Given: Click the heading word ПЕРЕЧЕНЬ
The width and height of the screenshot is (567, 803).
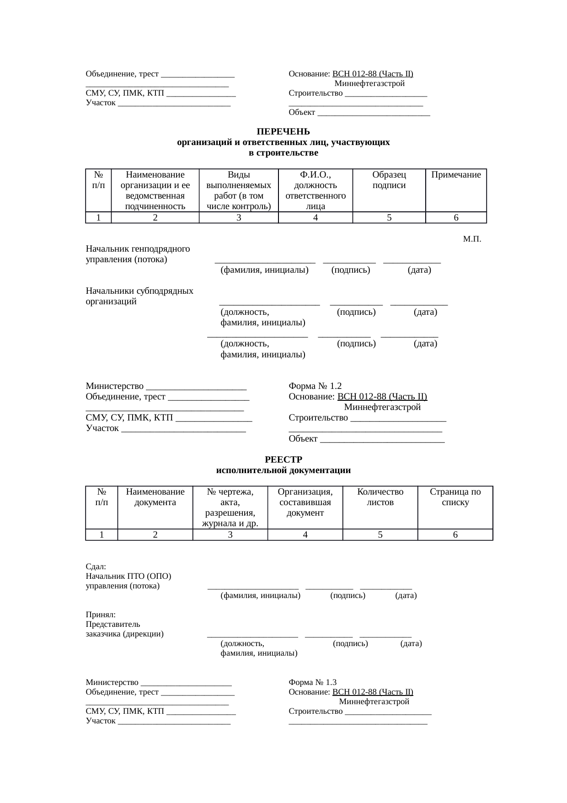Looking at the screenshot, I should click(x=283, y=132).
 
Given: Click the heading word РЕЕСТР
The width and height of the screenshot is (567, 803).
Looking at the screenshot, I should click(x=283, y=460).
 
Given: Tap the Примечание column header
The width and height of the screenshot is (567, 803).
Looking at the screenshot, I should click(x=456, y=175).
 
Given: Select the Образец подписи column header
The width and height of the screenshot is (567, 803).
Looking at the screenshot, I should click(x=389, y=180).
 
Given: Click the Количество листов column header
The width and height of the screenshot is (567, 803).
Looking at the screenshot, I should click(x=380, y=497).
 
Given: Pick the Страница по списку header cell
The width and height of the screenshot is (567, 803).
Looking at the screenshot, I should click(x=455, y=497).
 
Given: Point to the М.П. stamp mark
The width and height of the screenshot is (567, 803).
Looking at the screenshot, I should click(x=472, y=239).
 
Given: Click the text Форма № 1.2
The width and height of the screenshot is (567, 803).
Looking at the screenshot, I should click(x=315, y=386).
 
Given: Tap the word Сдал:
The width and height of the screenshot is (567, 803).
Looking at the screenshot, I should click(x=96, y=566).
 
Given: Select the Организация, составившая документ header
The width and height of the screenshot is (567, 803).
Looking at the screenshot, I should click(x=305, y=502).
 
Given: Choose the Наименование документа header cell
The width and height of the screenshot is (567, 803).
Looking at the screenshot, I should click(x=155, y=497).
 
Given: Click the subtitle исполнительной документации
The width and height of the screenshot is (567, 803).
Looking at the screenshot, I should click(x=283, y=470).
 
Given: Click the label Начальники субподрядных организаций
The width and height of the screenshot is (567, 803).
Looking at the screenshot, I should click(x=139, y=296).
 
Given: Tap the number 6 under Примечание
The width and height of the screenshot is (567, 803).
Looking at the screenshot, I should click(x=456, y=218).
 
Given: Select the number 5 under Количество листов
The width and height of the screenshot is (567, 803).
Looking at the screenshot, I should click(x=380, y=535).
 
